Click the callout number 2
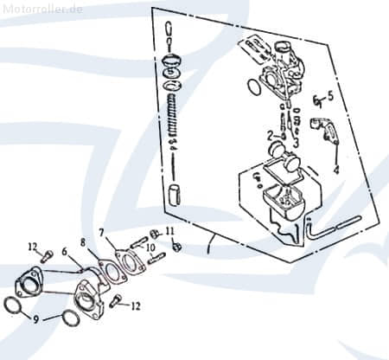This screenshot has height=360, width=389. click(271, 135)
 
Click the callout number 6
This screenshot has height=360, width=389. click(63, 252)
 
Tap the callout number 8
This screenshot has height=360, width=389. click(83, 243)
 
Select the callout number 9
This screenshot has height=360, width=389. click(35, 319)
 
